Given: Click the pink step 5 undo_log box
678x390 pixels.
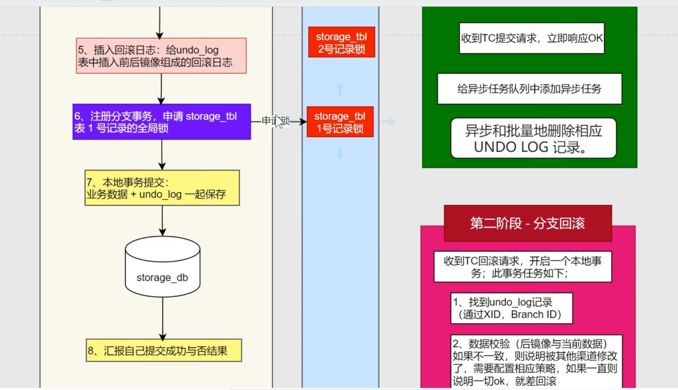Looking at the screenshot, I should click(161, 56).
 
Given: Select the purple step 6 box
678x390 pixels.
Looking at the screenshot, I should click(161, 122).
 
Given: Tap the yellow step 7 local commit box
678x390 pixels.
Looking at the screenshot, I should click(162, 188).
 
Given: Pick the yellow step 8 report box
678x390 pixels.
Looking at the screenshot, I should click(164, 350).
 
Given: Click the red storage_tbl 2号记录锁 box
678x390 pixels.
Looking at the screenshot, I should click(341, 42).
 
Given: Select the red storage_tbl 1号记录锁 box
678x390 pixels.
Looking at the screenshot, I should click(340, 122).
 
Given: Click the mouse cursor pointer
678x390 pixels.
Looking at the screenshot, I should click(279, 121).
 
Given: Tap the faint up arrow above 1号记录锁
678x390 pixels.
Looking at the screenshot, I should click(340, 90).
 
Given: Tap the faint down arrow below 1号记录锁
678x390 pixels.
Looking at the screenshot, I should click(340, 152).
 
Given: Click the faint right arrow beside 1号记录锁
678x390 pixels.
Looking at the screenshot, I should click(389, 122).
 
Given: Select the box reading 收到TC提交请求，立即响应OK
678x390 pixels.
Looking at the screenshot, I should click(531, 38).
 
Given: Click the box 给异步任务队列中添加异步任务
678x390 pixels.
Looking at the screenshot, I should click(529, 89).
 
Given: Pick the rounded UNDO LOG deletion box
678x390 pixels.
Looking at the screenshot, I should click(533, 138).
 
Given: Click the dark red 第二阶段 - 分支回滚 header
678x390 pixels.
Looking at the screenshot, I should click(528, 223).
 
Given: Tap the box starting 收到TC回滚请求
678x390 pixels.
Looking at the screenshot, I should click(523, 267).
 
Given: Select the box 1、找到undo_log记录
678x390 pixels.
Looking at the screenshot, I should click(511, 308).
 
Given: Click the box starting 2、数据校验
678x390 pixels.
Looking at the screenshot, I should click(536, 362).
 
